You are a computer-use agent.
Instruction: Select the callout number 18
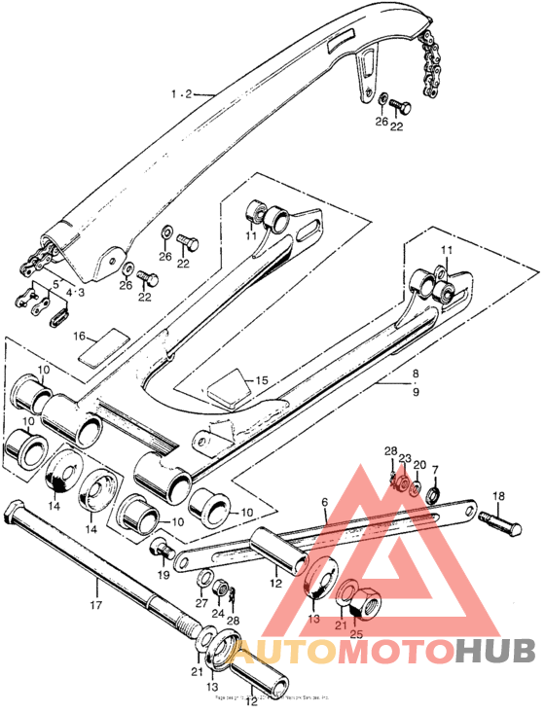click(x=498, y=496)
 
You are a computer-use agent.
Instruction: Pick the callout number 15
click(x=260, y=379)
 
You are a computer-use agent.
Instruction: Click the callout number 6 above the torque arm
click(x=323, y=503)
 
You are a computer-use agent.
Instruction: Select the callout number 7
click(x=435, y=470)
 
